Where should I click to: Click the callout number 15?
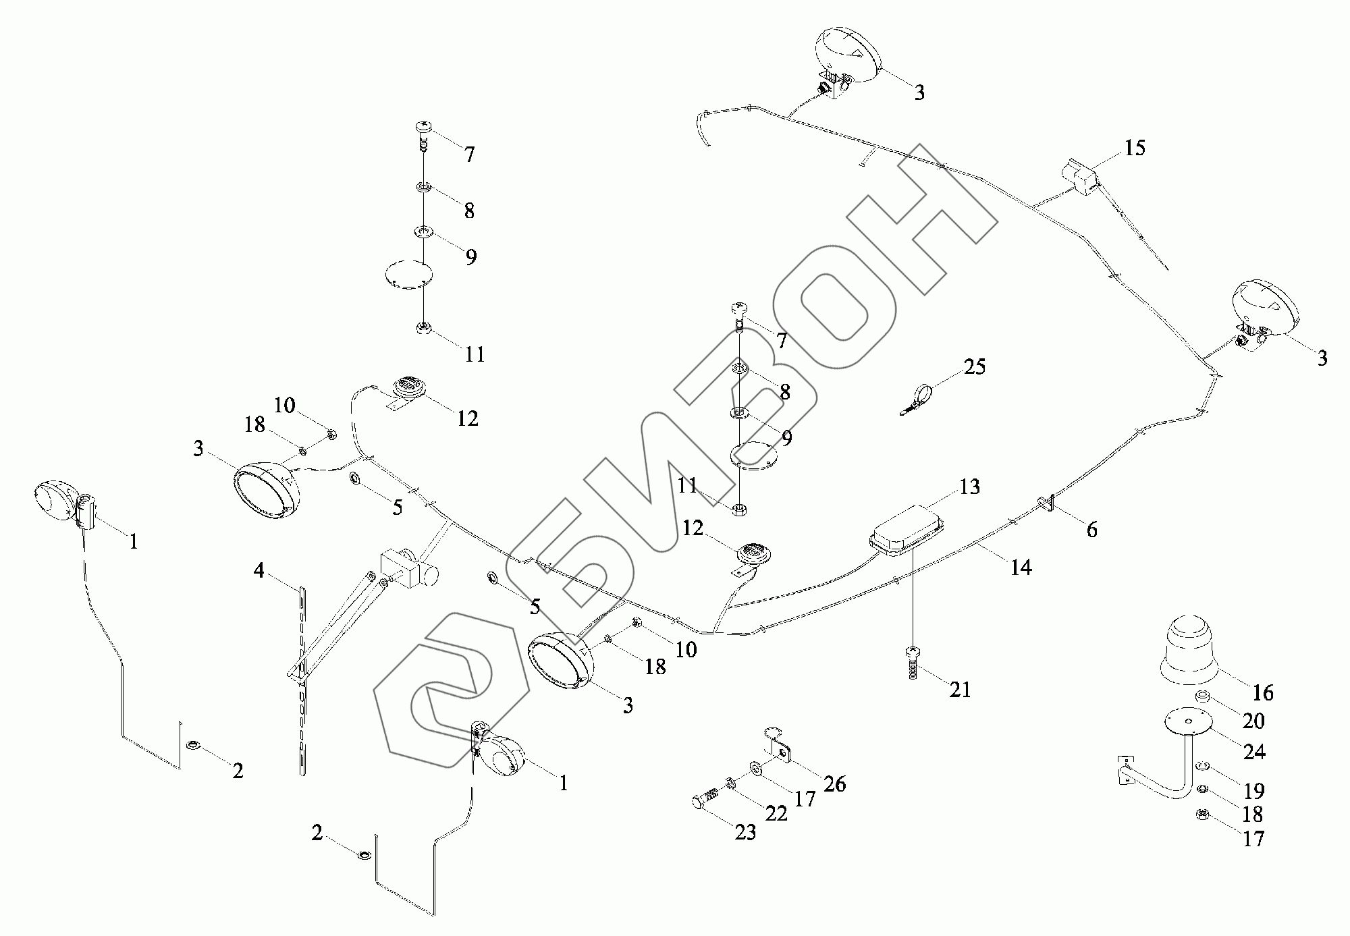click(x=1135, y=148)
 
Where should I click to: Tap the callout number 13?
click(x=969, y=487)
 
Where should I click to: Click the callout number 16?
click(x=1263, y=692)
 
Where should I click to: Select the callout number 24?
click(x=1254, y=751)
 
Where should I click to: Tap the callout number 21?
click(x=959, y=689)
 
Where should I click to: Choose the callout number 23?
click(x=745, y=833)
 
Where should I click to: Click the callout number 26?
click(x=834, y=783)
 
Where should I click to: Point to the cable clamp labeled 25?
click(x=918, y=398)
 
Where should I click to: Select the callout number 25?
click(x=974, y=367)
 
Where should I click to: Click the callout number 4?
click(x=259, y=571)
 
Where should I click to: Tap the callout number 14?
click(x=1021, y=568)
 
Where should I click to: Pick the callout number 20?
click(x=1253, y=721)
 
